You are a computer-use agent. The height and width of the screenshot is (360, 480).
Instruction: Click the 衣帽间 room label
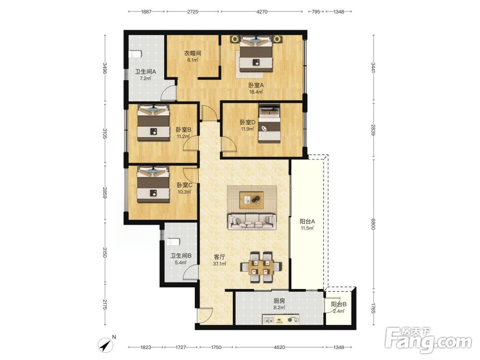coord(192,53)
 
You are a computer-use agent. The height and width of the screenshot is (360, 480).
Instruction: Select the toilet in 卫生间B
coord(173,242)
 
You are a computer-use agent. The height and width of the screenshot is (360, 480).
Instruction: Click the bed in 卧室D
coord(269,123)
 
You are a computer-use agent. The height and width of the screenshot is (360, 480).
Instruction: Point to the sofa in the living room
coord(252,222)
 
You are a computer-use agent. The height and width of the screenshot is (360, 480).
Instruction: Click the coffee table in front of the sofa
coord(252,200)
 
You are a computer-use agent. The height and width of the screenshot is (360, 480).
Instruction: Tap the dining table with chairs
coord(260,267)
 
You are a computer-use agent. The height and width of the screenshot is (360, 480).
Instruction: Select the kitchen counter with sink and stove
coord(281,320)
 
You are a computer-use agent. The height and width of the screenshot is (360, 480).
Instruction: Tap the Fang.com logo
coord(428,340)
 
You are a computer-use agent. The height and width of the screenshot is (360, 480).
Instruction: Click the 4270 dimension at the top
coord(262,12)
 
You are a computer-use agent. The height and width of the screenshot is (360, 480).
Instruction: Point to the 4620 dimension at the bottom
coord(279,347)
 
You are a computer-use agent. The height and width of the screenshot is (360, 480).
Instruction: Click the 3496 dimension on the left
coord(105,68)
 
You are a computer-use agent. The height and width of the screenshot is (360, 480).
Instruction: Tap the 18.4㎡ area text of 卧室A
coord(256,92)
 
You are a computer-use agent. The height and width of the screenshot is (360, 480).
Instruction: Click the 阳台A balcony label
coord(307,221)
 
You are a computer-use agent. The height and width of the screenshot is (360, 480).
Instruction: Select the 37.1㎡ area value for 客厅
coord(220,264)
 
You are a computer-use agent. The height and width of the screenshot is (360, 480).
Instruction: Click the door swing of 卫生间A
coord(168,93)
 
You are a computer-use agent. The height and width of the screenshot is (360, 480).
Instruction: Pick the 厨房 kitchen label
coord(279,301)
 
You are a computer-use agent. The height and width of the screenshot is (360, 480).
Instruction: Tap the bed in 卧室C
coord(153,184)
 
